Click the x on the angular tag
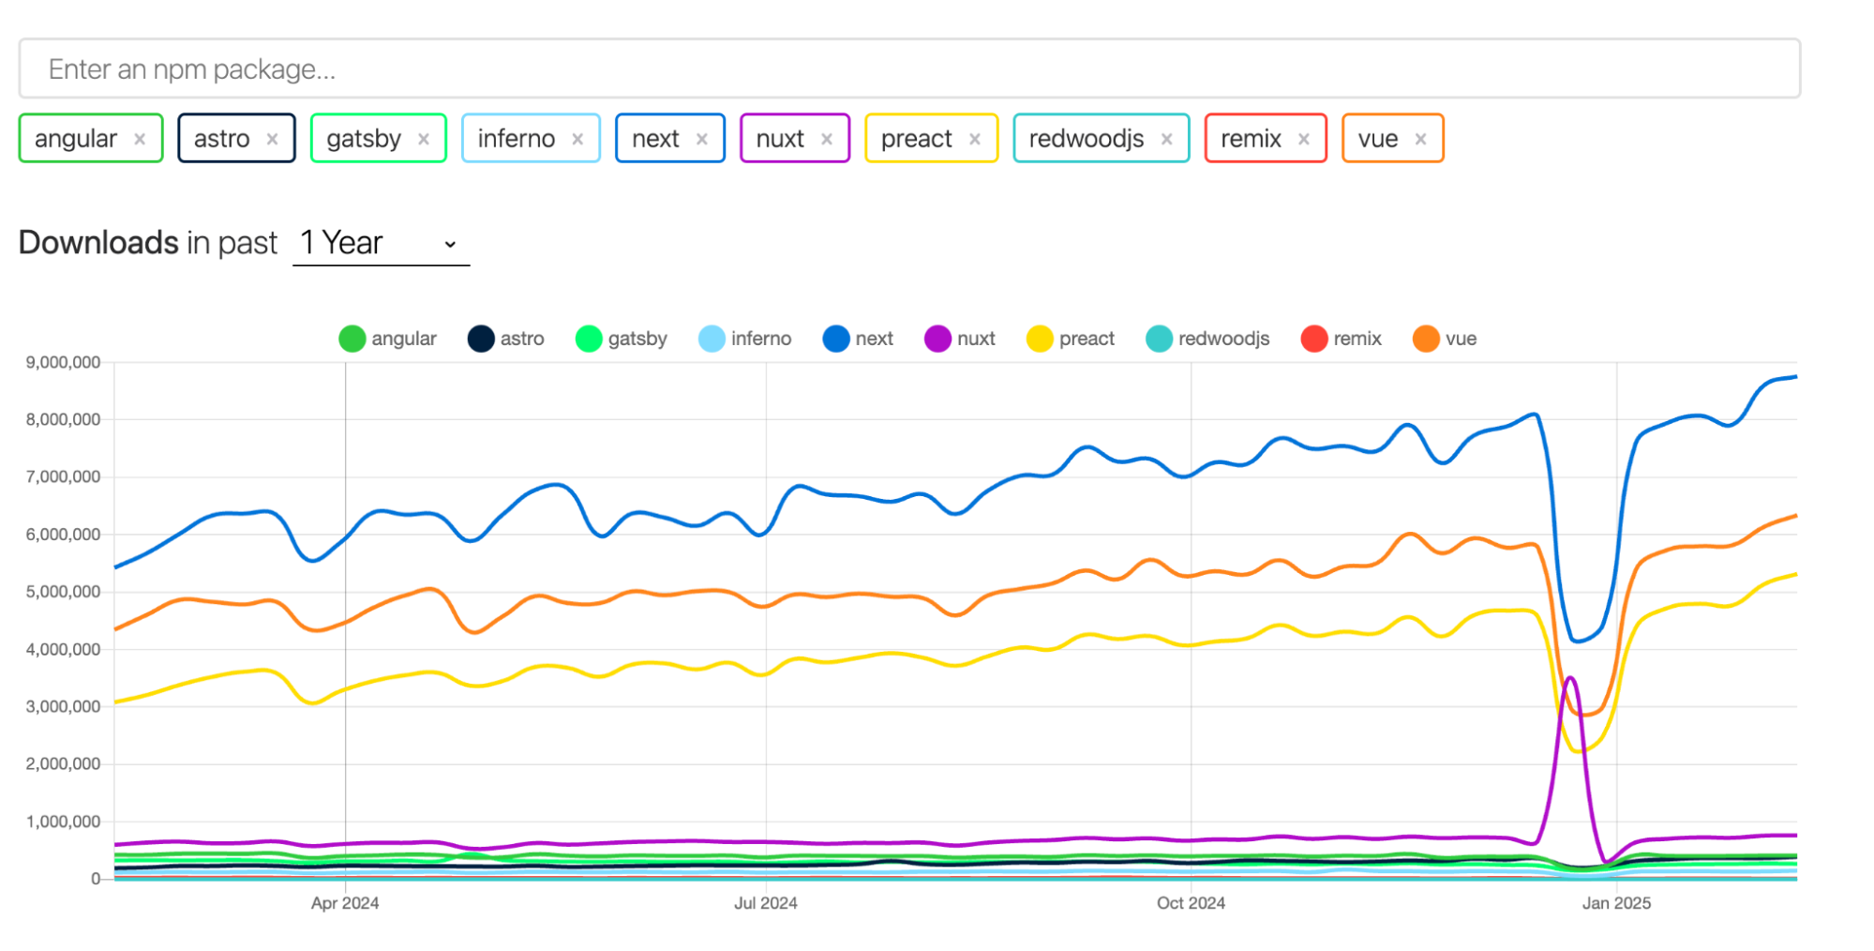click(x=140, y=139)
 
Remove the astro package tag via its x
click(x=272, y=139)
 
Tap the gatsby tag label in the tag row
click(x=364, y=139)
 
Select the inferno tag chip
click(x=517, y=139)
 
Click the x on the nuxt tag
click(x=827, y=139)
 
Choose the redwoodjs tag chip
click(x=1086, y=139)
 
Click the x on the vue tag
click(x=1420, y=139)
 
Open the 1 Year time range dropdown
click(x=380, y=243)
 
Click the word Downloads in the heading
click(x=98, y=243)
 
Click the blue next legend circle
click(x=835, y=339)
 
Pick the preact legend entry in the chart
click(x=1071, y=339)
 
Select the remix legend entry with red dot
click(x=1341, y=339)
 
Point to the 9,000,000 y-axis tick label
click(x=63, y=362)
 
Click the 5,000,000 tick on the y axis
click(x=63, y=592)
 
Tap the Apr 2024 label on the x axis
click(x=345, y=903)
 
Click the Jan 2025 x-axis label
click(x=1616, y=903)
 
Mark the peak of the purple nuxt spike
click(x=1570, y=677)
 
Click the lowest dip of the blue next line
click(x=1578, y=642)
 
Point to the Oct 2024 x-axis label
click(x=1191, y=903)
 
